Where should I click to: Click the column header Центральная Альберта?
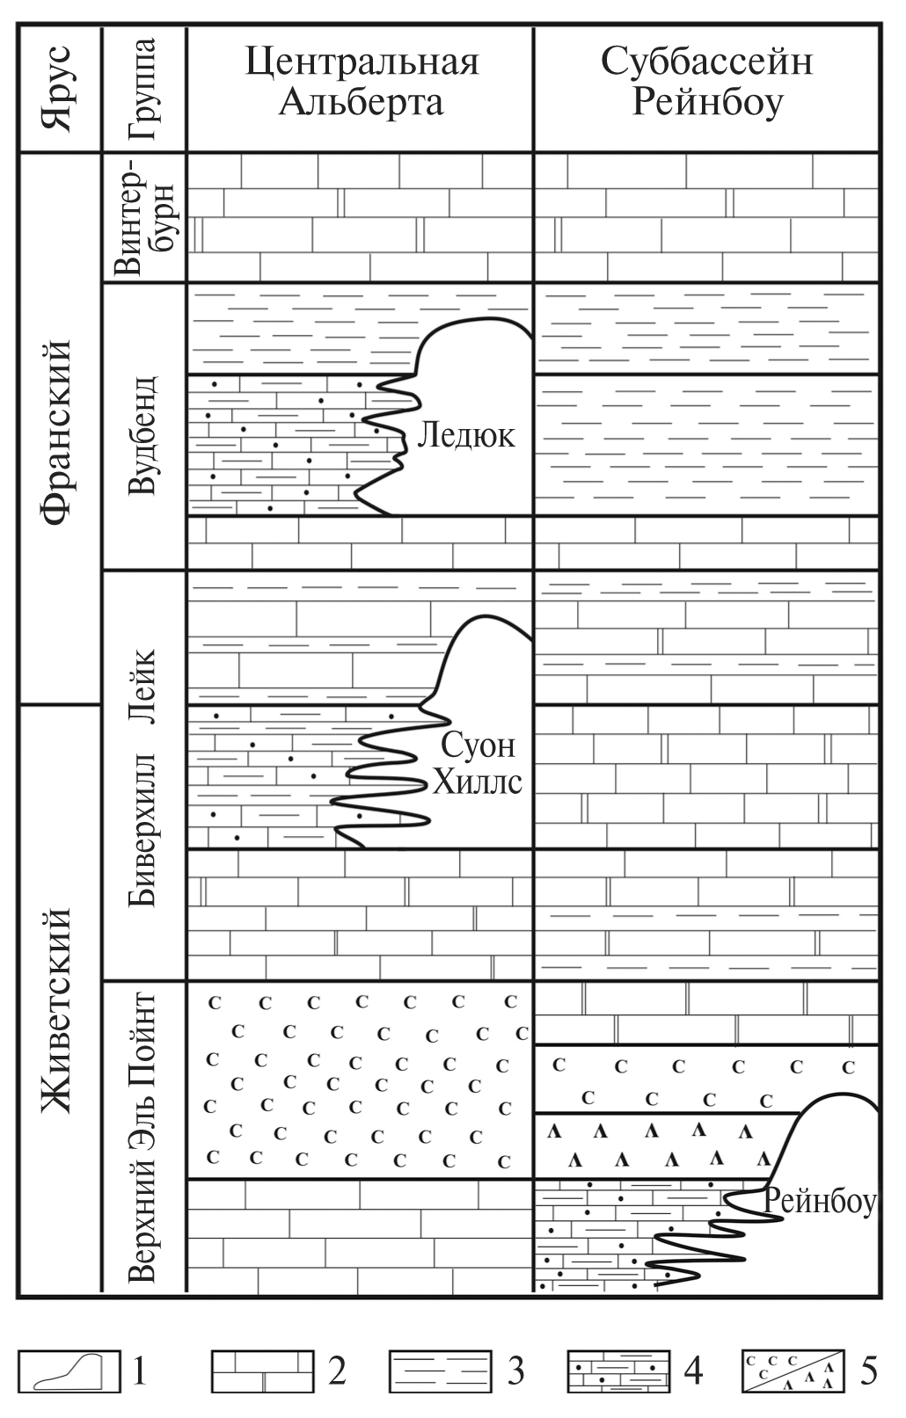click(361, 83)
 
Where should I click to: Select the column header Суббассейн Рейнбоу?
click(706, 83)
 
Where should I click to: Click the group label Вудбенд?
click(142, 434)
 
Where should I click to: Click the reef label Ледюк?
click(465, 434)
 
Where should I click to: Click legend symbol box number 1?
click(69, 1371)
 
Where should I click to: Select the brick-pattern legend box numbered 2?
click(262, 1371)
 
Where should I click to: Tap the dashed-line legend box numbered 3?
click(440, 1371)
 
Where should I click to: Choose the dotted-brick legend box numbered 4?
click(618, 1371)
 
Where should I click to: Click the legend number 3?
click(515, 1371)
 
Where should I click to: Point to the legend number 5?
click(868, 1371)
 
